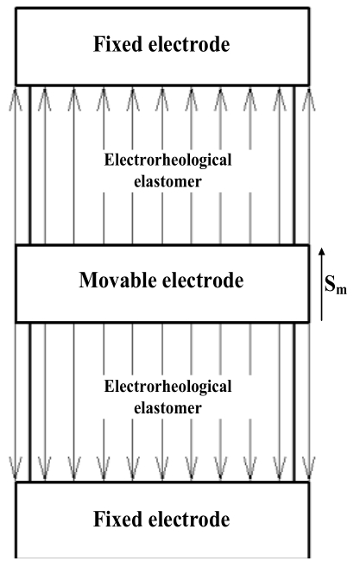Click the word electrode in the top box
click(x=189, y=44)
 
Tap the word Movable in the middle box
click(x=117, y=280)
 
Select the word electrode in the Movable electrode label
click(x=203, y=280)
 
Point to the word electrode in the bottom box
click(x=189, y=519)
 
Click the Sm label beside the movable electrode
click(x=335, y=285)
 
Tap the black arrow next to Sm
click(x=322, y=284)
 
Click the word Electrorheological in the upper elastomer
click(x=167, y=160)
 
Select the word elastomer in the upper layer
click(x=167, y=181)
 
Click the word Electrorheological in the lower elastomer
click(x=167, y=387)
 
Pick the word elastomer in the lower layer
click(x=167, y=408)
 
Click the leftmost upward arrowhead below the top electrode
click(x=16, y=98)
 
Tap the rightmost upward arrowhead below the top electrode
click(x=309, y=98)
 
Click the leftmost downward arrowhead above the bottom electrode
click(x=16, y=469)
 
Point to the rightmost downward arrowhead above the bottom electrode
click(x=309, y=469)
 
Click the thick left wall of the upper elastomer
click(x=30, y=165)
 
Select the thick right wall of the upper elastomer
click(x=294, y=165)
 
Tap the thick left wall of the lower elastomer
click(x=30, y=402)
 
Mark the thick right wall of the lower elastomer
click(x=294, y=402)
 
